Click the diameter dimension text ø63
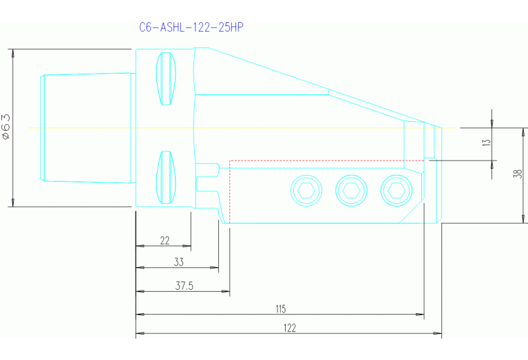click(6, 127)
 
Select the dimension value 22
click(165, 240)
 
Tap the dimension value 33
click(178, 262)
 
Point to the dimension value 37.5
click(183, 286)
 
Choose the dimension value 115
click(280, 308)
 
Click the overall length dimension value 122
click(289, 328)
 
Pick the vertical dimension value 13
click(486, 143)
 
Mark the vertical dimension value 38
click(518, 175)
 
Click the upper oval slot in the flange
click(166, 79)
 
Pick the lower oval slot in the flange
click(166, 177)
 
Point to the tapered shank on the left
click(86, 127)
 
